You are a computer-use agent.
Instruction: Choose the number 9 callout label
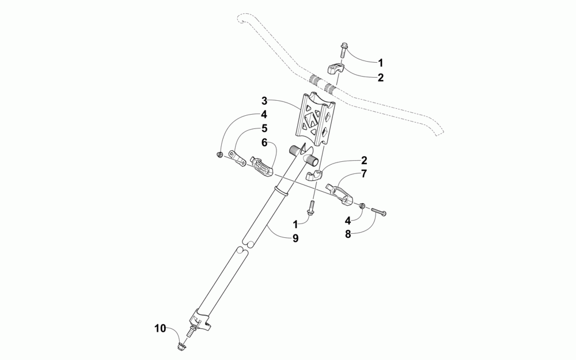[295, 238]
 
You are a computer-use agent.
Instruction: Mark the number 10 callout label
[160, 328]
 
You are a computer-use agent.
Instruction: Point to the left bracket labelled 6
[262, 167]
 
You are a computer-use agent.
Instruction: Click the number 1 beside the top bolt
[380, 62]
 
